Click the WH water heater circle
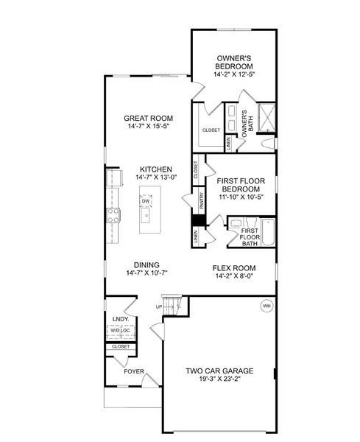click(x=267, y=306)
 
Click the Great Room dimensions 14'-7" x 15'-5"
click(x=148, y=126)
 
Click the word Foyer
click(x=133, y=371)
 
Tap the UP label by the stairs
click(x=158, y=306)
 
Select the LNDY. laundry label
click(x=120, y=319)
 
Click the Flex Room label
click(x=234, y=267)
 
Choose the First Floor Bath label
click(x=250, y=236)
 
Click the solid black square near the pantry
click(x=197, y=219)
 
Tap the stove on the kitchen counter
click(x=114, y=215)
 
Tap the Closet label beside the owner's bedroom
click(x=211, y=130)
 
